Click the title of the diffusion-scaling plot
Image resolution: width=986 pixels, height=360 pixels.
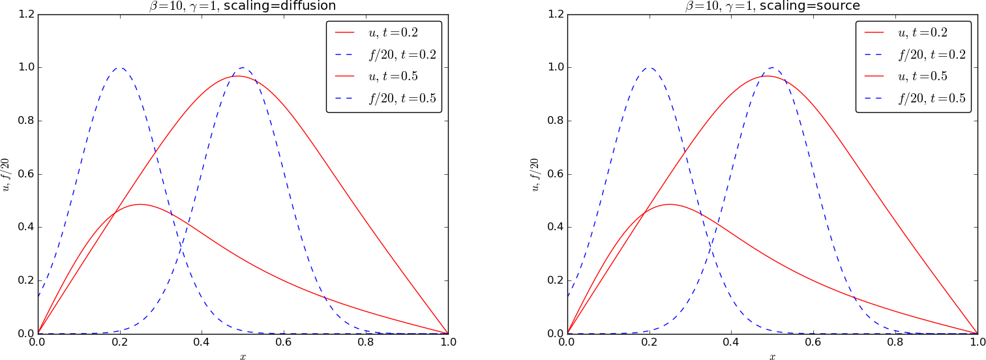pos(243,6)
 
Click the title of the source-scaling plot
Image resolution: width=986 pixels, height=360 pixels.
pos(772,6)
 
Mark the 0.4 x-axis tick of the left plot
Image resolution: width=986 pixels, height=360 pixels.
pos(202,342)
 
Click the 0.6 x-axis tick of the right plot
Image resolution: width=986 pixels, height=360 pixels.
pos(813,342)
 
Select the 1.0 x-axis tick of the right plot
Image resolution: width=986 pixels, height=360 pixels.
pos(977,342)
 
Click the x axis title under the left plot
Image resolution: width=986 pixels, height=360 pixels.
pos(243,356)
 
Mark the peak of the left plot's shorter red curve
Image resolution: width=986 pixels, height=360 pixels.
pos(140,204)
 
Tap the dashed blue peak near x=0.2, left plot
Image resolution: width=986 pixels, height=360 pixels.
pos(120,67)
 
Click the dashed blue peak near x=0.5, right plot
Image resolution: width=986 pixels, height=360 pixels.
pos(773,67)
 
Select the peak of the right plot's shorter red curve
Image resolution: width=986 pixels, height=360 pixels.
pos(670,204)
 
